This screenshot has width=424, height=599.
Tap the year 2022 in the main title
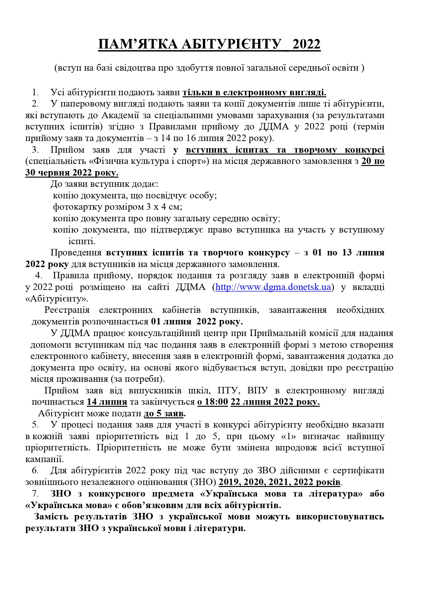pos(306,45)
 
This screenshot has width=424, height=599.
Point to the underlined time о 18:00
pos(213,402)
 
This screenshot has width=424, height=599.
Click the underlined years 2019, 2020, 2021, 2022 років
pos(280,482)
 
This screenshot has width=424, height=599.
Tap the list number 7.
pos(36,494)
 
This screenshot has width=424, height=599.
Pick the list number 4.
pos(39,276)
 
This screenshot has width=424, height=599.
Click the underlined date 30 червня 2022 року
pos(72,173)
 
